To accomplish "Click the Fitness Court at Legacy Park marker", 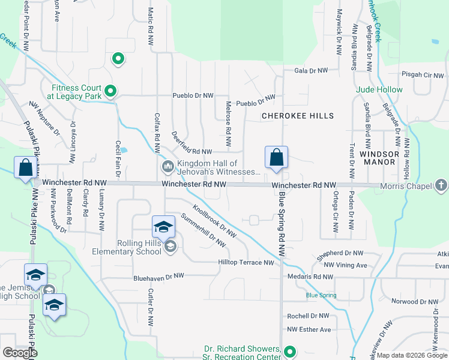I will pyautogui.click(x=110, y=91).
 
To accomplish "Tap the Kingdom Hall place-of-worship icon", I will pyautogui.click(x=167, y=166).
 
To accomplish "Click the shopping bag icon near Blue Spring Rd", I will pyautogui.click(x=276, y=158).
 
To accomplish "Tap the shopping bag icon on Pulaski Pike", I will pyautogui.click(x=26, y=167).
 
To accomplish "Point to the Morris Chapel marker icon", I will pyautogui.click(x=441, y=186).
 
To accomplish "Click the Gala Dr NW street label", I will pyautogui.click(x=311, y=71).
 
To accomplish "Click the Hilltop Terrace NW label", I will pyautogui.click(x=247, y=263).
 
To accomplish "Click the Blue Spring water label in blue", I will pyautogui.click(x=321, y=295).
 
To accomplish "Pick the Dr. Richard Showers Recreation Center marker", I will pyautogui.click(x=291, y=352).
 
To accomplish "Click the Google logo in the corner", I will pyautogui.click(x=20, y=353).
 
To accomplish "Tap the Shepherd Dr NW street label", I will pyautogui.click(x=340, y=254).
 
